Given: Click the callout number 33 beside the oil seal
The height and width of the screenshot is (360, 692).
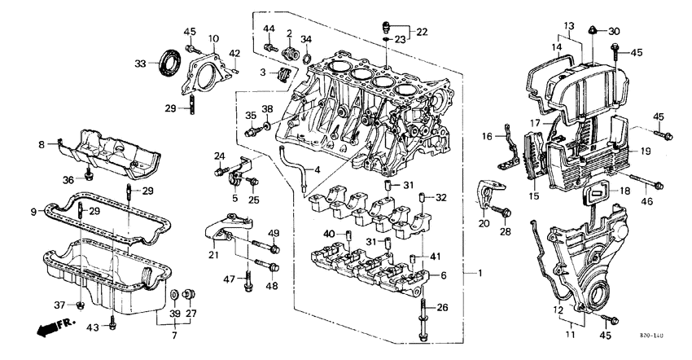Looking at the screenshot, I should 141,64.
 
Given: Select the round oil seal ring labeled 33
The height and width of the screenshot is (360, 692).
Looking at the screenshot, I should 170,62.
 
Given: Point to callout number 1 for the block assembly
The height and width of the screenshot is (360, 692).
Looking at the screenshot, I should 480,271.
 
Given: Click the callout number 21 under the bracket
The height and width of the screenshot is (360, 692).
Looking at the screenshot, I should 212,256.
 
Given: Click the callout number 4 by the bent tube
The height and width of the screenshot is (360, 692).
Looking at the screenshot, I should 318,169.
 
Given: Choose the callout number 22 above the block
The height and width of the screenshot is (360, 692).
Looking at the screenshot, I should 421,32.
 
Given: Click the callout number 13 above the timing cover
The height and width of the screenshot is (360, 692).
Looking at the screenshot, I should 569,24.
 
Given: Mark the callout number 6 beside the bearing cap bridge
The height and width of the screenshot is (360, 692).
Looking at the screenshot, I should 443,276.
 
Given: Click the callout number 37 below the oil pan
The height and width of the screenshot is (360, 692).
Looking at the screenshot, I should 59,305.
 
